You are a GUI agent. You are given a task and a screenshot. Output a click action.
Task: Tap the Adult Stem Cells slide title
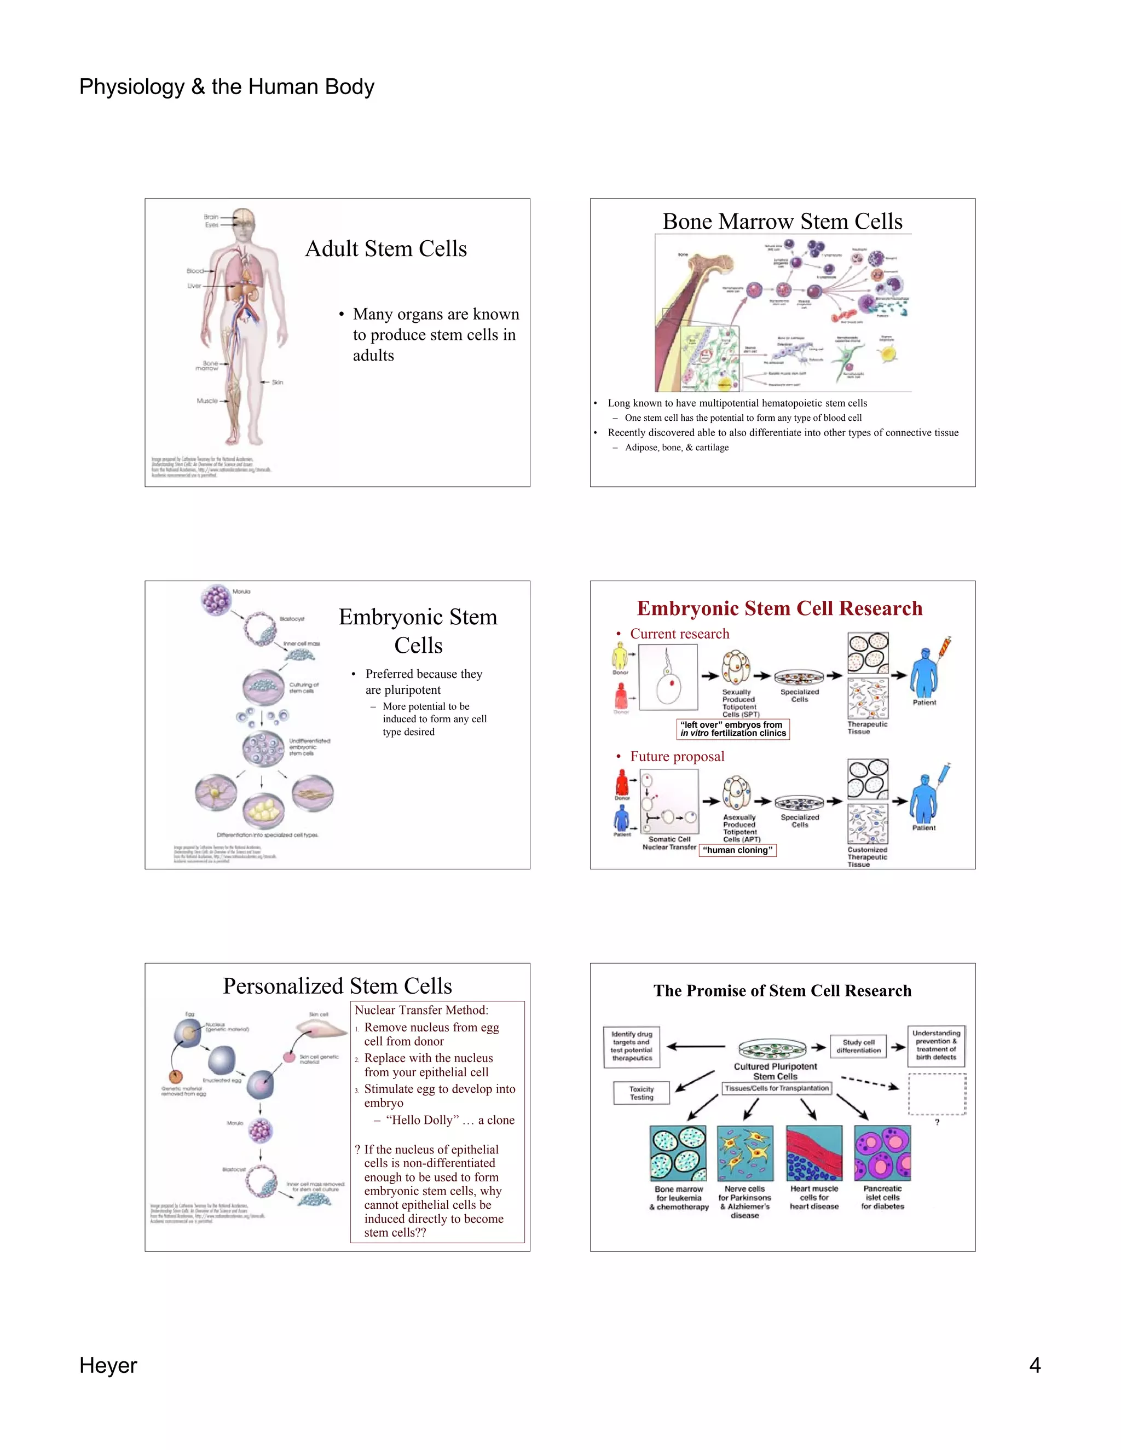386,248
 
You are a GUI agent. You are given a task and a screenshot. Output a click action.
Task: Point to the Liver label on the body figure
194,286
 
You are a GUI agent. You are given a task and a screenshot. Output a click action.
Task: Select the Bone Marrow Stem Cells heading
782,221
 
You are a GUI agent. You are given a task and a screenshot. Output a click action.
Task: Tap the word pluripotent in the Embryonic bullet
403,690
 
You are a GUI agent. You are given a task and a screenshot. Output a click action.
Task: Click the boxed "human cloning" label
737,850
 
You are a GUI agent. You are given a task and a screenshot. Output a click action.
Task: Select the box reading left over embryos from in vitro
733,729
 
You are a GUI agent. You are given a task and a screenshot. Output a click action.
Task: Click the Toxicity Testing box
641,1093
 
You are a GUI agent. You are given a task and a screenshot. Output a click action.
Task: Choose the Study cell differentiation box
858,1046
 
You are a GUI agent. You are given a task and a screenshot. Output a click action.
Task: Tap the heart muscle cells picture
813,1153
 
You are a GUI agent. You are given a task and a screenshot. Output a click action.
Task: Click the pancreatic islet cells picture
882,1153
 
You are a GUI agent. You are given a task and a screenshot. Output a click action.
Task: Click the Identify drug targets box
632,1046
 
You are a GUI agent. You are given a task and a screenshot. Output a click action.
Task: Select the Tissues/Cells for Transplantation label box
776,1088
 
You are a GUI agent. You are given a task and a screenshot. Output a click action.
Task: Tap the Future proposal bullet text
677,756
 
